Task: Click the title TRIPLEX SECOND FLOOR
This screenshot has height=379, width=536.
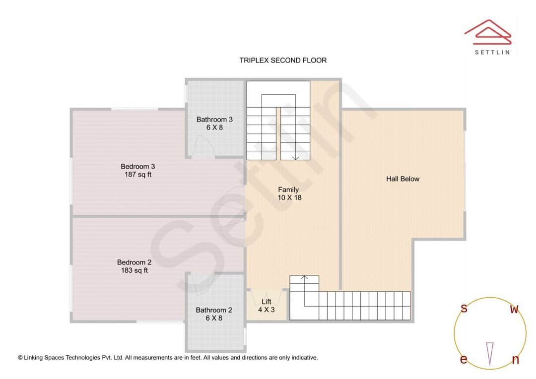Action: (x=283, y=60)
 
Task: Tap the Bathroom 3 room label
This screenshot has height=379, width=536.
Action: (x=214, y=119)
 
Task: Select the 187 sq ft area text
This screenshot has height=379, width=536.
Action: (x=138, y=175)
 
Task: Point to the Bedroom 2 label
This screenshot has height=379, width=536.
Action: (x=134, y=262)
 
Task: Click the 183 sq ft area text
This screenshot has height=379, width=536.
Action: (x=134, y=270)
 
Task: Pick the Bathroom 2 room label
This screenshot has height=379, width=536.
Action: (x=214, y=310)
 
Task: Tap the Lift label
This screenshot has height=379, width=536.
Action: (x=267, y=301)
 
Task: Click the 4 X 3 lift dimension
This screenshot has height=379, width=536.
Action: (x=267, y=309)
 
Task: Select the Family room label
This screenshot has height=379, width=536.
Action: (x=288, y=189)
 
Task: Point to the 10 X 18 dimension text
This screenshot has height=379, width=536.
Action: (x=289, y=197)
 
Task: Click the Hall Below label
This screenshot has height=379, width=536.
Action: (x=402, y=179)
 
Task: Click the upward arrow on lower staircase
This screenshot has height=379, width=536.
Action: (x=304, y=278)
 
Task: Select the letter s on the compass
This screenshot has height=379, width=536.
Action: (x=464, y=309)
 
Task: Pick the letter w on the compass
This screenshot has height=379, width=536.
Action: (x=515, y=310)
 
